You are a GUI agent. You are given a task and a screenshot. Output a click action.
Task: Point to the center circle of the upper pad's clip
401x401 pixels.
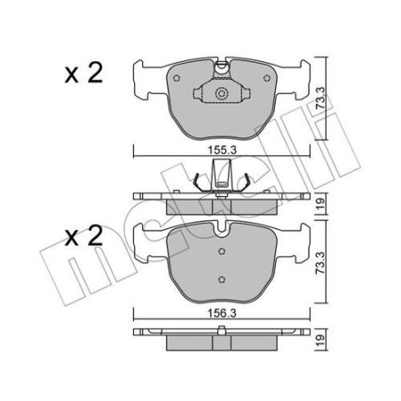tap(222, 93)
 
